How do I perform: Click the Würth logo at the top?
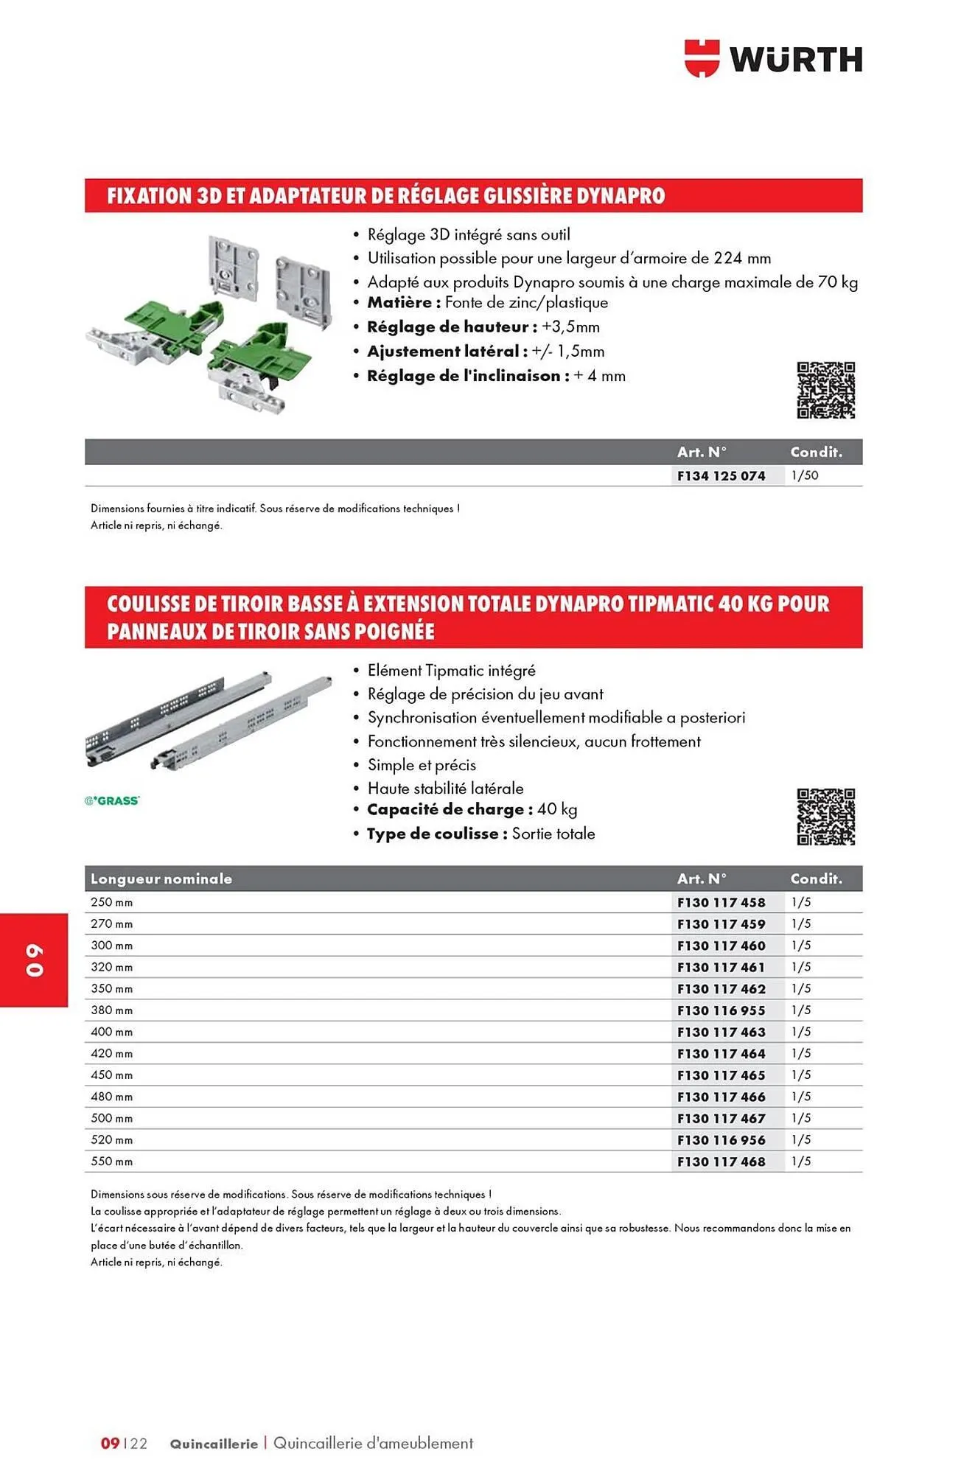pos(773,58)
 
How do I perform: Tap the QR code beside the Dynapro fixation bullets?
pos(825,390)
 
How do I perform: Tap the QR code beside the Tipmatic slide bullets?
pos(825,817)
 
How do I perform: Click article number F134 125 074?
pos(721,475)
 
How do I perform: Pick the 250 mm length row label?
pos(112,902)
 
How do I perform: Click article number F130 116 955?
pos(721,1010)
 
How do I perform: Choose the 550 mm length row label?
pos(112,1162)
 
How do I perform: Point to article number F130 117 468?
pos(721,1162)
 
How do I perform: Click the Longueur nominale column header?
pos(161,879)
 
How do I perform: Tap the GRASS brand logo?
pos(112,800)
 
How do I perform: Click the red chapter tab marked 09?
pos(34,960)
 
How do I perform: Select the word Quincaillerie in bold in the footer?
pos(214,1444)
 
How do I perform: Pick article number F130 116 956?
pos(721,1140)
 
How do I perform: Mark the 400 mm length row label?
pos(112,1032)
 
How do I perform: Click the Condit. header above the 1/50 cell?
pos(816,452)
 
